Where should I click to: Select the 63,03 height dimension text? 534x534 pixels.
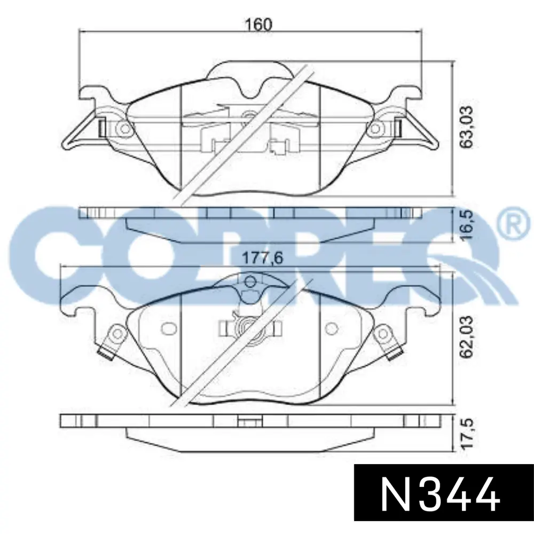coord(466,127)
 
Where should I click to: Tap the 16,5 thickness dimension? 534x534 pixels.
coord(466,225)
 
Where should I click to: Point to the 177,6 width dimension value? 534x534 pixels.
coord(262,258)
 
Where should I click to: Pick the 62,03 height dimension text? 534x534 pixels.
coord(466,337)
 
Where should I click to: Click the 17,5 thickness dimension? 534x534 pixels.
coord(466,434)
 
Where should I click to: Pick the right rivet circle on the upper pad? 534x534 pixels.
coord(375,129)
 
